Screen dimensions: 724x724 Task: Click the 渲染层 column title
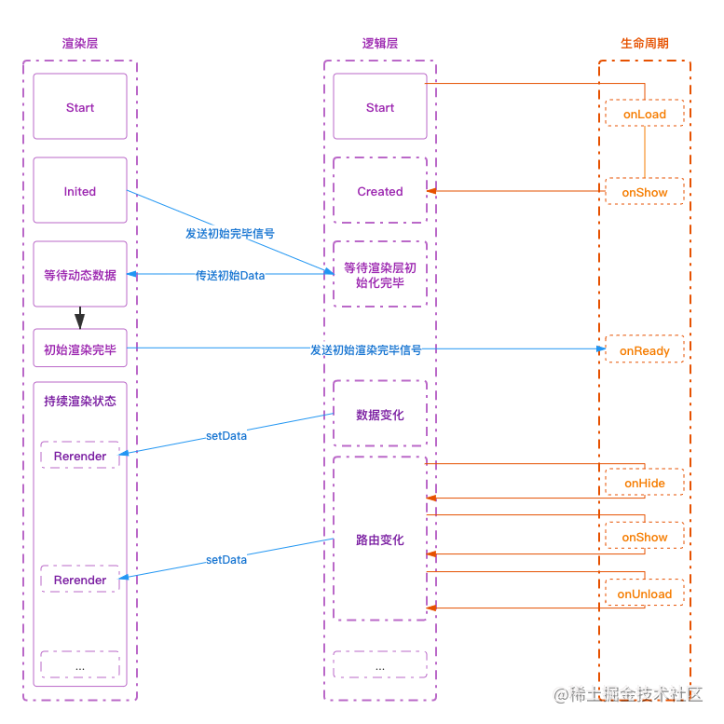pyautogui.click(x=80, y=43)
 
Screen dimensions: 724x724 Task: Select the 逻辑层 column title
pyautogui.click(x=380, y=43)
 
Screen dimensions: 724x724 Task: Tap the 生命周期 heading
pyautogui.click(x=644, y=43)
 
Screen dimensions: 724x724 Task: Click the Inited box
pyautogui.click(x=80, y=191)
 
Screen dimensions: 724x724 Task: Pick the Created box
pyautogui.click(x=380, y=191)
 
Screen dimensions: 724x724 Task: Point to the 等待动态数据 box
pyautogui.click(x=80, y=275)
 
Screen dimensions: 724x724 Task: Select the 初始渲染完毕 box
pyautogui.click(x=80, y=350)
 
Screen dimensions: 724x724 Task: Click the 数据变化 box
pyautogui.click(x=380, y=415)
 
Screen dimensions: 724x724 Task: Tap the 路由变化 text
pyautogui.click(x=380, y=540)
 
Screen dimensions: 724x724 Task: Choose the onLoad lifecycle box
pyautogui.click(x=645, y=115)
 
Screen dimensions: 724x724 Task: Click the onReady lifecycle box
pyautogui.click(x=645, y=351)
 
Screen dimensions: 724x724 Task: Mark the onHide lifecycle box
pyautogui.click(x=645, y=484)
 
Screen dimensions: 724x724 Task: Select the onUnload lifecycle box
pyautogui.click(x=645, y=594)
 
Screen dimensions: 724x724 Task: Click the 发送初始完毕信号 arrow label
pyautogui.click(x=230, y=233)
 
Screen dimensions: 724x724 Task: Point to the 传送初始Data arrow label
pyautogui.click(x=230, y=275)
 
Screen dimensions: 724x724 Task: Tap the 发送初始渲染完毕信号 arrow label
pyautogui.click(x=366, y=349)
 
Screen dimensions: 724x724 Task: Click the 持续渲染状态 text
pyautogui.click(x=80, y=401)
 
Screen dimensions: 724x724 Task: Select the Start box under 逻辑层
pyautogui.click(x=380, y=107)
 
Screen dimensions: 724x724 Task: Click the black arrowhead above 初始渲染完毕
pyautogui.click(x=80, y=321)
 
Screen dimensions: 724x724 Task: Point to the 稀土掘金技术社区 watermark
pyautogui.click(x=626, y=693)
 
